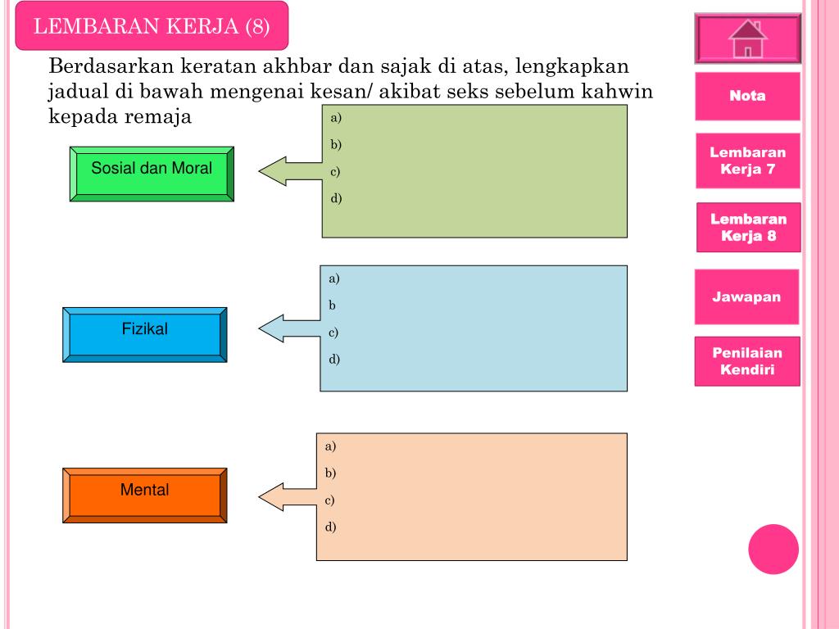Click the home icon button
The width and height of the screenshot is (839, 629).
747,38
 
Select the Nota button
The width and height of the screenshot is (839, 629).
747,96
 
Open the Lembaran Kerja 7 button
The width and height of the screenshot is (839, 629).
747,161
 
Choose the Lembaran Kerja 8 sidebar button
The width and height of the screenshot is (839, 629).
747,228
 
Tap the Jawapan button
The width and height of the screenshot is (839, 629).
746,296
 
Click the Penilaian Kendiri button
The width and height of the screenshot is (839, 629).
746,361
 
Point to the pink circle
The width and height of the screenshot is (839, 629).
773,549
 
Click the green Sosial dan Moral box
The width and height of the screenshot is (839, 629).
152,174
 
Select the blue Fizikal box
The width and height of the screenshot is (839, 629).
144,334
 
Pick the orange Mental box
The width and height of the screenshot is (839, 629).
144,495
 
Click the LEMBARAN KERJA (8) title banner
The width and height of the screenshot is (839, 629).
152,26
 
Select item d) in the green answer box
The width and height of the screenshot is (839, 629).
335,198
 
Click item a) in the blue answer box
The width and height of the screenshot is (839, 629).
334,278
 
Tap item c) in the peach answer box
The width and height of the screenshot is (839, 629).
330,500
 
